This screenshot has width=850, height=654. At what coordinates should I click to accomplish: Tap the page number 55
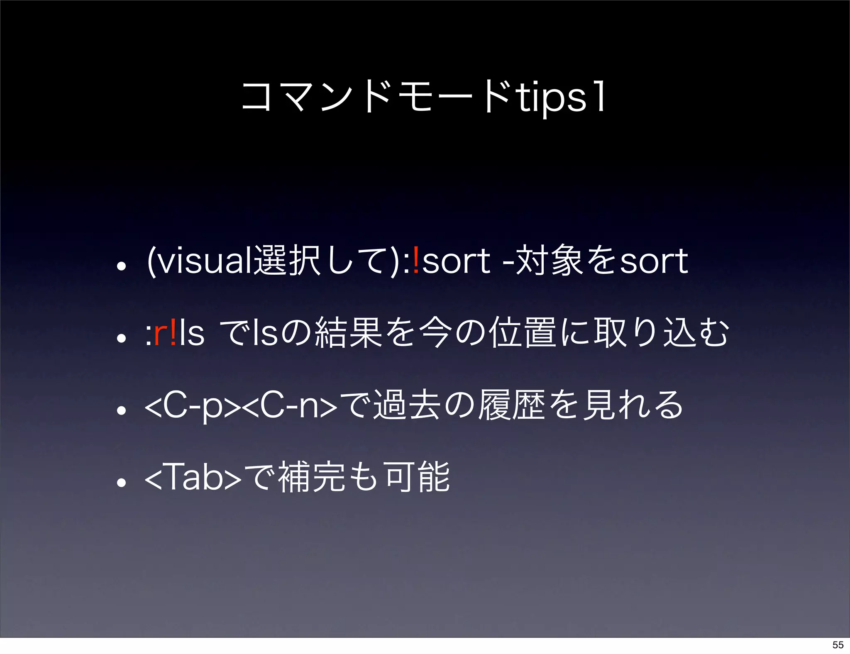[x=838, y=644]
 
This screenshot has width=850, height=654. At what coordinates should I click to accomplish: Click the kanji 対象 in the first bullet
[x=550, y=261]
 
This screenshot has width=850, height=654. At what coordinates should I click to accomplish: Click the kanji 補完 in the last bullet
[x=311, y=477]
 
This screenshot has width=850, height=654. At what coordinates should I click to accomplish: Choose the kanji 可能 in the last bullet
[x=417, y=477]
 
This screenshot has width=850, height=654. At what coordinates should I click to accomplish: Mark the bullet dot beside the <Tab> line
[x=121, y=483]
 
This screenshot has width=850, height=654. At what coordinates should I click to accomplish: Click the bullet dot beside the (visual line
[x=121, y=266]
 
